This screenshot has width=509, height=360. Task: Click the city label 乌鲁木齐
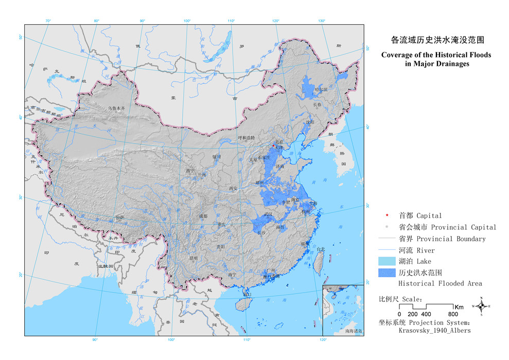click(x=117, y=109)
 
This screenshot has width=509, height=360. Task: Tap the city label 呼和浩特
click(x=246, y=138)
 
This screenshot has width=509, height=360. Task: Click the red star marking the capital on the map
click(x=274, y=146)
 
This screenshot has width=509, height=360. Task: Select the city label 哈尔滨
click(x=321, y=89)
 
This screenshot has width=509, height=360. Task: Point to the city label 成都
click(x=202, y=217)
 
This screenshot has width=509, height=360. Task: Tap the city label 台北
click(x=321, y=249)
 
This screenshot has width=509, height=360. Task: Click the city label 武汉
click(x=268, y=213)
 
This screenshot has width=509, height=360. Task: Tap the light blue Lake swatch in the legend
click(x=388, y=262)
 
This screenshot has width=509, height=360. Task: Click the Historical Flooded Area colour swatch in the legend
click(x=388, y=273)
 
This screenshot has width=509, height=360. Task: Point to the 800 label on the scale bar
click(x=452, y=314)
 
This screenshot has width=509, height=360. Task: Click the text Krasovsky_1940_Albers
click(x=434, y=331)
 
